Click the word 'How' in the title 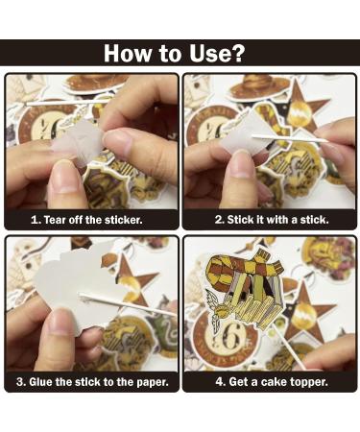pyautogui.click(x=127, y=53)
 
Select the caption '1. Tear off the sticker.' pyautogui.click(x=86, y=220)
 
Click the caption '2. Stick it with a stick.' pyautogui.click(x=272, y=220)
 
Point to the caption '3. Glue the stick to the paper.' pyautogui.click(x=92, y=382)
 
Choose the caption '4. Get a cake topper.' pyautogui.click(x=272, y=382)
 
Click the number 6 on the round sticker pyautogui.click(x=231, y=339)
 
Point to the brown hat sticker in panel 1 pyautogui.click(x=96, y=83)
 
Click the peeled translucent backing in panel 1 pyautogui.click(x=77, y=142)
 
